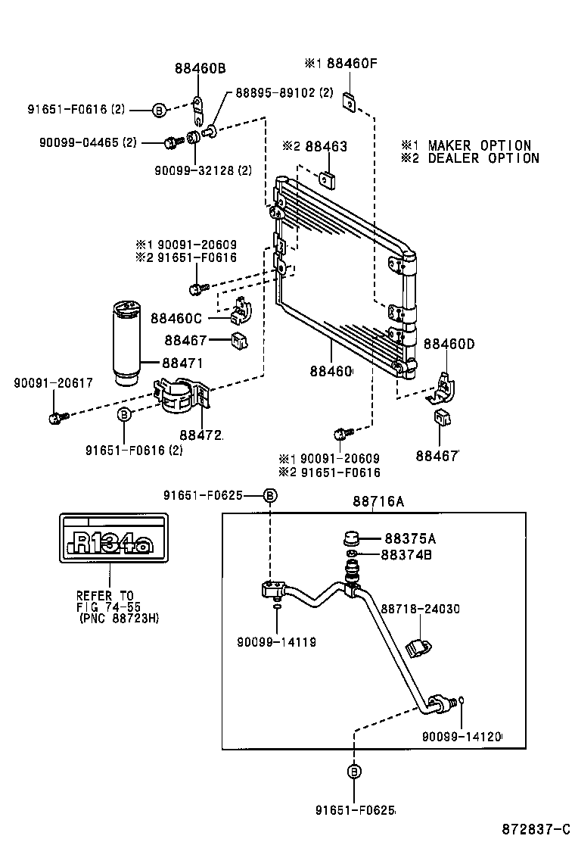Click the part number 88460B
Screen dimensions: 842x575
point(200,68)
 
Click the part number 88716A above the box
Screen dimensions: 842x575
point(378,501)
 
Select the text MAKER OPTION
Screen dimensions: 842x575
point(479,145)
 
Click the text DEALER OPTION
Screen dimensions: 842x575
point(483,158)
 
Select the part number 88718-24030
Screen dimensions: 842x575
point(420,609)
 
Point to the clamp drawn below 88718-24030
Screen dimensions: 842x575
point(418,649)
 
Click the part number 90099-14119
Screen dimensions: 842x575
point(278,642)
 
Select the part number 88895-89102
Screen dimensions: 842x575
point(284,93)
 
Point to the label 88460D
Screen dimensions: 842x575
point(449,345)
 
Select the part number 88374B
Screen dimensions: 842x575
point(406,555)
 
